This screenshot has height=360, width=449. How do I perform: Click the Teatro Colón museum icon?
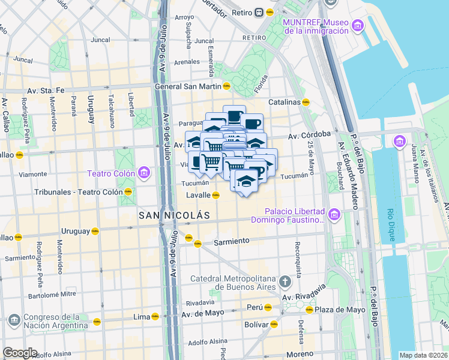click(x=143, y=173)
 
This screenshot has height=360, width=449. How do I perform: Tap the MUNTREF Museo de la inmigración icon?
click(x=358, y=26)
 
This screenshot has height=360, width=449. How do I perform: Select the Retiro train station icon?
click(x=258, y=11)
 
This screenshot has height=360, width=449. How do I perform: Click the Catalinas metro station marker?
click(x=306, y=102)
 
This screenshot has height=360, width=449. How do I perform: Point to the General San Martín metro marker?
click(x=226, y=86)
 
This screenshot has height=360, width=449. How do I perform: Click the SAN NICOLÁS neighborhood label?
click(x=174, y=215)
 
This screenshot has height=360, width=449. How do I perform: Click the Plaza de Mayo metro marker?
click(x=309, y=310)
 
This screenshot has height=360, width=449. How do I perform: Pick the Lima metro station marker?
click(x=155, y=316)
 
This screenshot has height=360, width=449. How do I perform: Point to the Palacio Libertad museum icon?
click(x=334, y=214)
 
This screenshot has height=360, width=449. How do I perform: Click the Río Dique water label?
click(x=391, y=224)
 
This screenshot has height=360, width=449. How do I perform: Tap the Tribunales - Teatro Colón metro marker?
click(x=128, y=192)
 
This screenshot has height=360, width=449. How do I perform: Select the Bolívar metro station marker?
click(x=274, y=324)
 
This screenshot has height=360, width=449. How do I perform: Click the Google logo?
click(x=20, y=353)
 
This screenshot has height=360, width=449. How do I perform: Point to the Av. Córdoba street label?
click(x=310, y=134)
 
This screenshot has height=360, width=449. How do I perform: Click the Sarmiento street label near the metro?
click(x=231, y=241)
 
